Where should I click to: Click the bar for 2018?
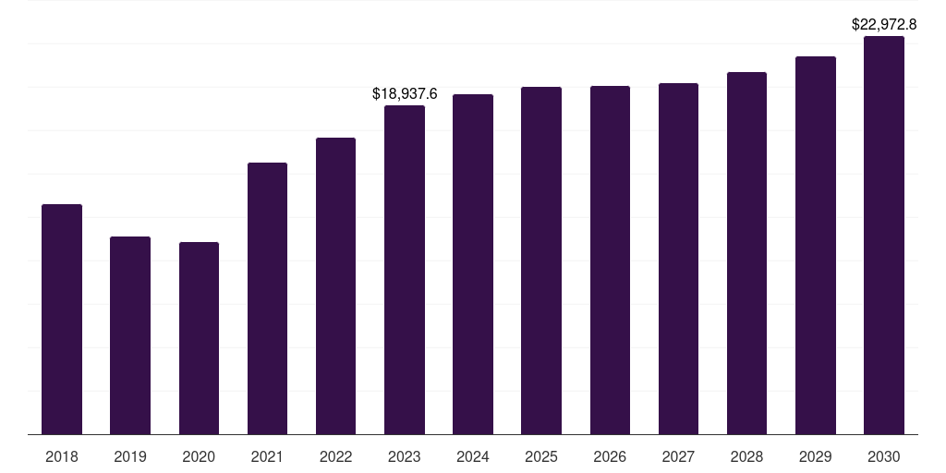pyautogui.click(x=62, y=319)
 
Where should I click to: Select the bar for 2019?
pyautogui.click(x=130, y=335)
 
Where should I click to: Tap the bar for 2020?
pyautogui.click(x=200, y=338)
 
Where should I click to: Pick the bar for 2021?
pyautogui.click(x=267, y=298)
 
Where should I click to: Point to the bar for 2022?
pyautogui.click(x=335, y=286)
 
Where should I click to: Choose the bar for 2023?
pyautogui.click(x=405, y=270)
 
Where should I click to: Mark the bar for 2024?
pyautogui.click(x=473, y=264)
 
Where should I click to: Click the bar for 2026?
pyautogui.click(x=610, y=260)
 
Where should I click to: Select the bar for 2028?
pyautogui.click(x=746, y=253)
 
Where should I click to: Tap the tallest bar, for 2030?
pyautogui.click(x=884, y=236)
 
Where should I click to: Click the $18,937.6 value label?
pyautogui.click(x=405, y=94)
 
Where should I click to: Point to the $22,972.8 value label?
pyautogui.click(x=884, y=25)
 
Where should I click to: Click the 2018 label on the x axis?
pyautogui.click(x=62, y=457)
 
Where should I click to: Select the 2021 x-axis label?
pyautogui.click(x=267, y=457)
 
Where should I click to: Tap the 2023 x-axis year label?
pyautogui.click(x=405, y=457)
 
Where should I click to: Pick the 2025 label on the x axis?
pyautogui.click(x=541, y=457)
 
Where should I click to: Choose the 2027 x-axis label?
pyautogui.click(x=678, y=457)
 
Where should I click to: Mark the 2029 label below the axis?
pyautogui.click(x=815, y=457)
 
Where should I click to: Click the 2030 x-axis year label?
pyautogui.click(x=884, y=457)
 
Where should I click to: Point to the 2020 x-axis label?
pyautogui.click(x=200, y=457)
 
